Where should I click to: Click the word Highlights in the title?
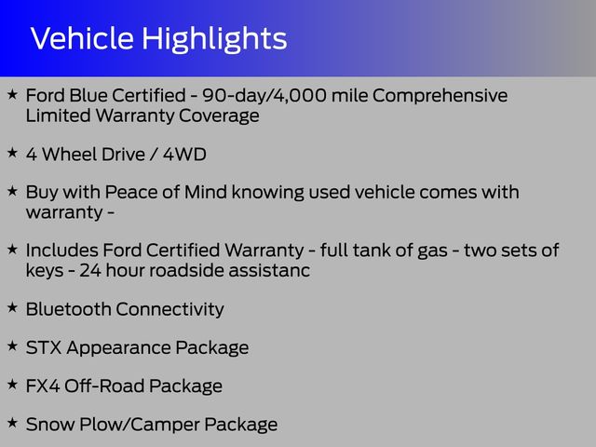[214, 40]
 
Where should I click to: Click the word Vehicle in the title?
[82, 38]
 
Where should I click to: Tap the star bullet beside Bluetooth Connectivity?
[12, 307]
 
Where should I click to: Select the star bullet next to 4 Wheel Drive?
[12, 153]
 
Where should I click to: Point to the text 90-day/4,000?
[264, 95]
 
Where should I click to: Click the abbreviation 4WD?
[184, 155]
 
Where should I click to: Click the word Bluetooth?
[68, 309]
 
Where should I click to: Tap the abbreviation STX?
[44, 347]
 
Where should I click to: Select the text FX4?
[43, 386]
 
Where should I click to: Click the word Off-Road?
[104, 386]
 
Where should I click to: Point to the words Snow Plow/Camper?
[113, 426]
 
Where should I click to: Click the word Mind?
[206, 192]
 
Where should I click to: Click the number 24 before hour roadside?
[90, 271]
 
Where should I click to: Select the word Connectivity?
[169, 310]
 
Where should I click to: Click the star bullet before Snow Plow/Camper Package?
[12, 422]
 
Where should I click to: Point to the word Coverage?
[219, 116]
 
